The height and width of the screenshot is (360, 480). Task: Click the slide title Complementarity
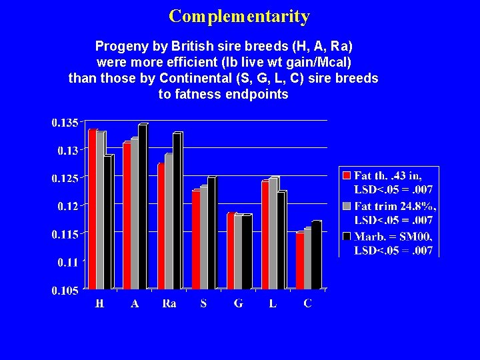click(x=239, y=16)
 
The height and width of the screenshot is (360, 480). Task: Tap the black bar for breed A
click(x=142, y=207)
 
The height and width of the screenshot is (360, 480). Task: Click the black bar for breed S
click(x=211, y=233)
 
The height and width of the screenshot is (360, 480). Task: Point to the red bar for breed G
click(x=231, y=251)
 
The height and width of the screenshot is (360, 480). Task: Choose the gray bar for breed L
click(x=273, y=233)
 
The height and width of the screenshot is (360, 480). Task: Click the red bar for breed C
click(x=300, y=261)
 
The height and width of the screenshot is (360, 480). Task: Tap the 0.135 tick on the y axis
click(x=65, y=122)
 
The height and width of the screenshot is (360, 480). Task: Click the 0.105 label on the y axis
click(x=65, y=290)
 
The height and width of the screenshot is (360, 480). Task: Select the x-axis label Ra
click(x=169, y=304)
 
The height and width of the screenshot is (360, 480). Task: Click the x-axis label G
click(x=238, y=304)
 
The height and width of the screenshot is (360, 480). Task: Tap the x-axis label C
click(x=307, y=304)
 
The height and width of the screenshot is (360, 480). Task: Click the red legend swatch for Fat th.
click(x=347, y=175)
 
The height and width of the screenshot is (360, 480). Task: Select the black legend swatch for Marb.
click(x=347, y=236)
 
